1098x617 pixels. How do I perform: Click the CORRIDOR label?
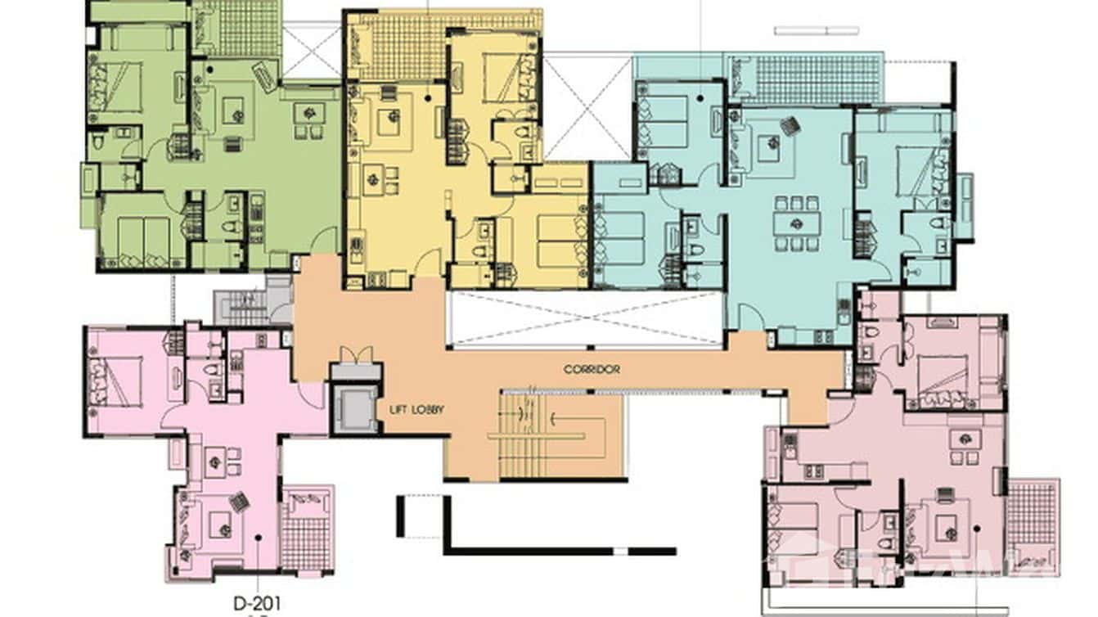[x=591, y=369]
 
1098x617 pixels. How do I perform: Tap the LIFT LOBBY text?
[x=417, y=409]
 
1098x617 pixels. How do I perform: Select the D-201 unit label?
[x=257, y=603]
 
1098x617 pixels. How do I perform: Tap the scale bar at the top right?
[x=816, y=31]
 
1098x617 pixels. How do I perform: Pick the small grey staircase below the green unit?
[x=242, y=308]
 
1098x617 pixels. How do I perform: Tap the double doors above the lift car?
[x=356, y=355]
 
